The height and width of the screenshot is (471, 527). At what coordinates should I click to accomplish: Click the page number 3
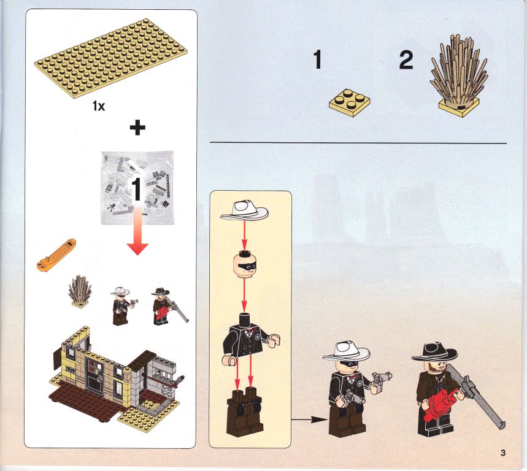click(x=503, y=453)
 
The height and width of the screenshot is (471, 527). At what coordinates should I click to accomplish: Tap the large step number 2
click(x=406, y=60)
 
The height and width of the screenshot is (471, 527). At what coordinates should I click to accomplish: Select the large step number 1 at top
click(x=317, y=59)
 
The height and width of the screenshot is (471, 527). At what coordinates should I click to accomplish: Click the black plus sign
click(x=137, y=128)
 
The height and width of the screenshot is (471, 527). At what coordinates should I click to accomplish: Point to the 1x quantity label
click(x=99, y=106)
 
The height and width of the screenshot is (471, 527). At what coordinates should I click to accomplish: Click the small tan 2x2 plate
click(x=350, y=102)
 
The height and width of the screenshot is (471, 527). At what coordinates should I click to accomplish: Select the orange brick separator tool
click(x=56, y=255)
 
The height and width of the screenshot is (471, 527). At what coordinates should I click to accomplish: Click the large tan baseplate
click(x=111, y=58)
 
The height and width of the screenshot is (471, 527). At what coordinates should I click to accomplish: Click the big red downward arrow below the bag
click(x=137, y=231)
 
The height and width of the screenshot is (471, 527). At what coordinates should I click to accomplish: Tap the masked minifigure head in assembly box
click(x=244, y=266)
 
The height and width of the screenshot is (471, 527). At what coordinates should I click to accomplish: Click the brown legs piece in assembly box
click(x=245, y=412)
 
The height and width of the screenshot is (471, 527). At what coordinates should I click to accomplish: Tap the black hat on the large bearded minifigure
click(x=434, y=353)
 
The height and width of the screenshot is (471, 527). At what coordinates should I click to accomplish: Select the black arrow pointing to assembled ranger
click(x=309, y=419)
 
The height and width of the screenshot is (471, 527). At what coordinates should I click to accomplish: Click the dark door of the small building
click(x=94, y=375)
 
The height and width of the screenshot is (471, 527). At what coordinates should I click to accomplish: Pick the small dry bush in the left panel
click(x=80, y=291)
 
